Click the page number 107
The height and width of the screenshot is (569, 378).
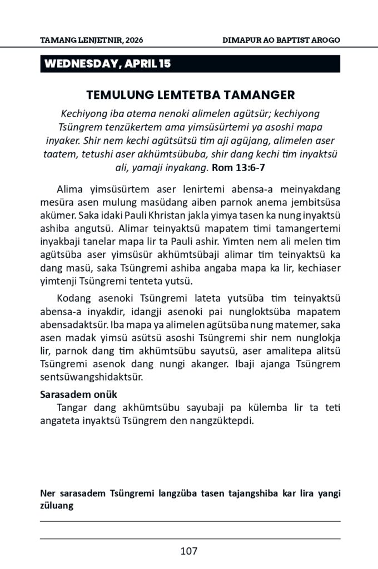[x=189, y=551]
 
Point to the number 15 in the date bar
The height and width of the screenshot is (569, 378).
[x=165, y=64]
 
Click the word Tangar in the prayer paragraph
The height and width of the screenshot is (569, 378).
[x=72, y=408]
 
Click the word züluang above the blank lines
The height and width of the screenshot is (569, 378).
[x=57, y=506]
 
